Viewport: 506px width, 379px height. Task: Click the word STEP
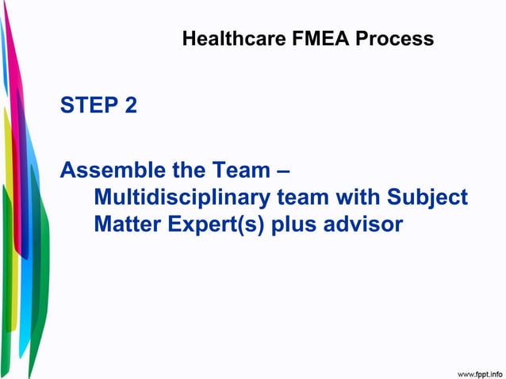(x=87, y=105)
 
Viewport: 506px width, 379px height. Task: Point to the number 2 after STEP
(x=129, y=105)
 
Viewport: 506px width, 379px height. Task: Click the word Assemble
(x=110, y=170)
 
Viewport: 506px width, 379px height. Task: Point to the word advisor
(x=363, y=225)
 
